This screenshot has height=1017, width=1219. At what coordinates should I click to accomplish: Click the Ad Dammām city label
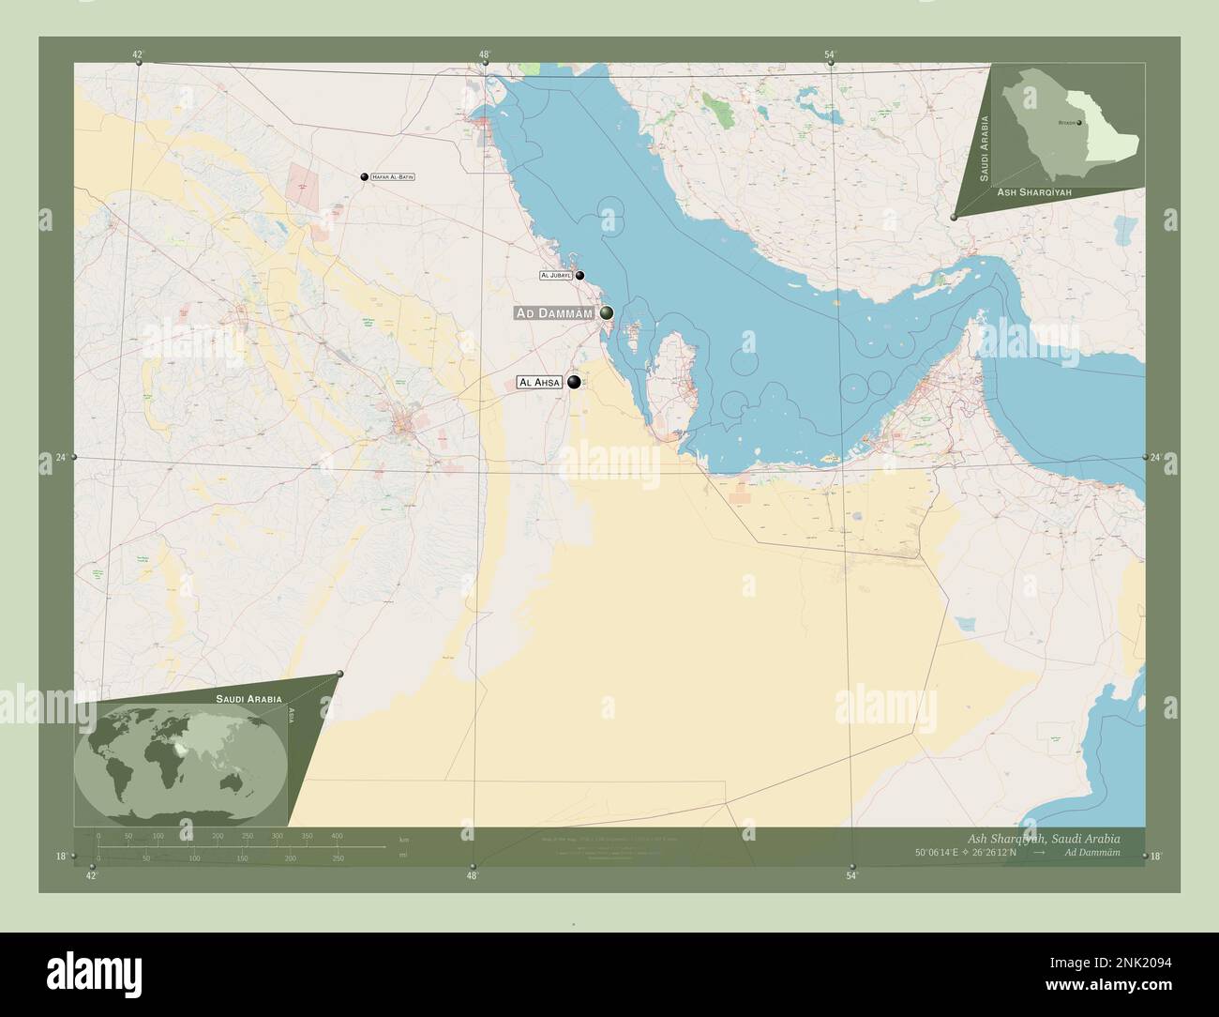[554, 312]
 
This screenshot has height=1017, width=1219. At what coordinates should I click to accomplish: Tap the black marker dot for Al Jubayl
[580, 276]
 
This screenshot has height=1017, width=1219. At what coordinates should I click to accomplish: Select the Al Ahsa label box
[539, 383]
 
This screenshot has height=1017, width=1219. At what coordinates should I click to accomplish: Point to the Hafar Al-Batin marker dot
[364, 176]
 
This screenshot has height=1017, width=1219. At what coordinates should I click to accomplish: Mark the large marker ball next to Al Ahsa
[574, 382]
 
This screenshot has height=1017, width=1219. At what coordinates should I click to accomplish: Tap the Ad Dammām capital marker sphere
[607, 312]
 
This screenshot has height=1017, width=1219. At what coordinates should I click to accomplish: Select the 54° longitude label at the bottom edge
[851, 876]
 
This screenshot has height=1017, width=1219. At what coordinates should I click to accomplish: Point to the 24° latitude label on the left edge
[60, 458]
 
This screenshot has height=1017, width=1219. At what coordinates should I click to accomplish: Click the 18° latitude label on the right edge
[1156, 856]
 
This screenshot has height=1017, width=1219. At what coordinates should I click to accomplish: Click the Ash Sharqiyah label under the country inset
[1034, 190]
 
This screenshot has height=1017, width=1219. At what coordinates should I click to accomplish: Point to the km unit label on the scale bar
[404, 839]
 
